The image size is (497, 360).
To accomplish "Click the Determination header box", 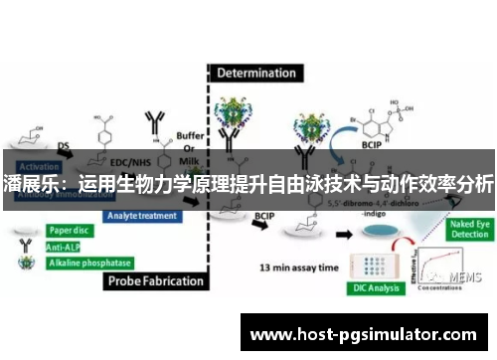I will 256,73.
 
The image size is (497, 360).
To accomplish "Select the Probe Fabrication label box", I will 157,280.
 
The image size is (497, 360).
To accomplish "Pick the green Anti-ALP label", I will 67,244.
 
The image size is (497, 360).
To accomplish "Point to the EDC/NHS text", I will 130,160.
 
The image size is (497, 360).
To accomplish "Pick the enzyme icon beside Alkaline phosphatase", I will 22,263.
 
